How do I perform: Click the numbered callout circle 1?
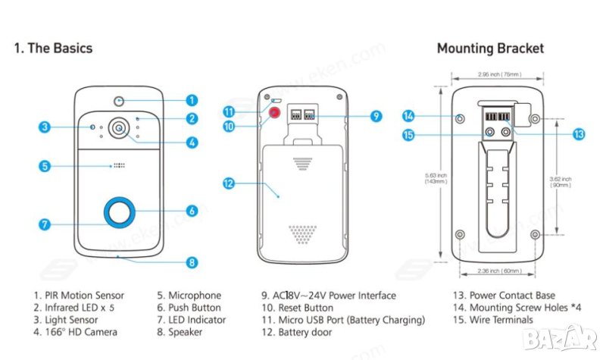point(192,99)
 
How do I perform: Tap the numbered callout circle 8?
point(192,263)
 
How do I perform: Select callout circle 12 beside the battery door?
point(229,183)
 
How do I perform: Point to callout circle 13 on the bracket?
point(579,133)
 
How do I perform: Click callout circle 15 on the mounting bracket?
point(409,135)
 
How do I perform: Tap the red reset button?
point(273,113)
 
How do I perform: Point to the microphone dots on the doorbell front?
point(118,165)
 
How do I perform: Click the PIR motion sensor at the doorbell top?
point(118,99)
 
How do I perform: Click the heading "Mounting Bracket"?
point(490,49)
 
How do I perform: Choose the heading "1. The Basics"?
point(53,49)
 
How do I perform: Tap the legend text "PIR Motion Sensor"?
point(83,296)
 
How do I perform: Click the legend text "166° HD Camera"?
point(79,332)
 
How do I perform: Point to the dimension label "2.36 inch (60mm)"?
point(499,271)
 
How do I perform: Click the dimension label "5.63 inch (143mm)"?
point(436,179)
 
